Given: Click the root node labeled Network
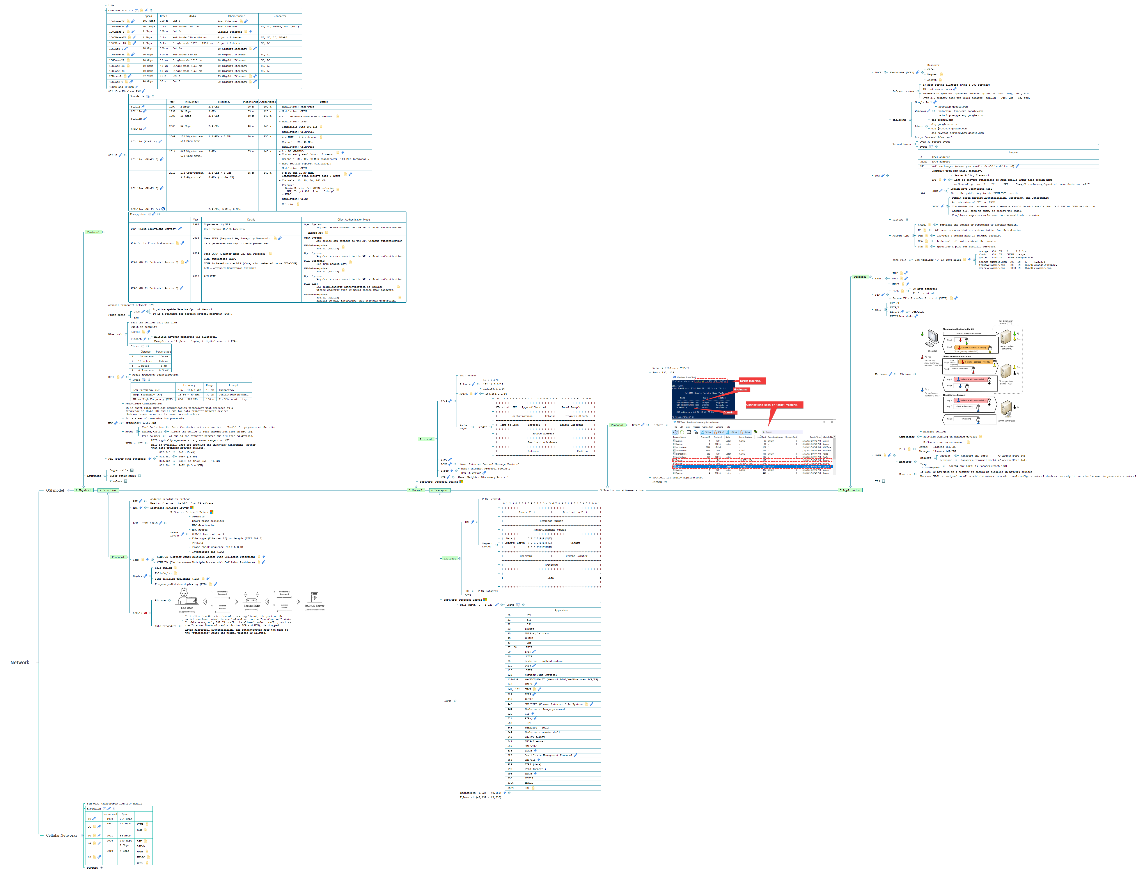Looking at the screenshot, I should (x=20, y=663).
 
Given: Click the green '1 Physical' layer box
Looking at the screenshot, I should (x=83, y=490).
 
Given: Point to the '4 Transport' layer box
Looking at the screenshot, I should (x=440, y=490).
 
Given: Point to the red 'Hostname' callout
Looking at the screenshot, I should (x=740, y=389).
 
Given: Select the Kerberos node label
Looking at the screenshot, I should (x=881, y=374).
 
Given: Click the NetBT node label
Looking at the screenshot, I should (x=635, y=425).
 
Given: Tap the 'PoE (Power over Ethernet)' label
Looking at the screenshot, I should (x=127, y=459).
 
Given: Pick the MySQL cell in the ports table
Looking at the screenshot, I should (x=528, y=783).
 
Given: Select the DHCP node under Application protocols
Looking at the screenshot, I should (x=878, y=73).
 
